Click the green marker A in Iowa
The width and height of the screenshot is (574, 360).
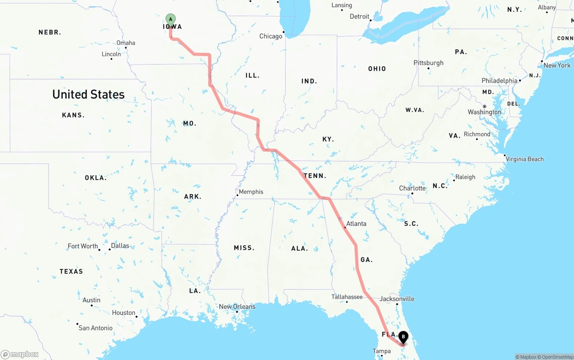pyautogui.click(x=170, y=19)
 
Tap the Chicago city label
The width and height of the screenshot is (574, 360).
pyautogui.click(x=271, y=36)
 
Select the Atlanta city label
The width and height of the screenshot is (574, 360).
pyautogui.click(x=356, y=223)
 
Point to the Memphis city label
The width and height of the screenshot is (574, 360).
pyautogui.click(x=251, y=192)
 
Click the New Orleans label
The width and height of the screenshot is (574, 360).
pyautogui.click(x=237, y=307)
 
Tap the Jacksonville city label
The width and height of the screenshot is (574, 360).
pyautogui.click(x=397, y=299)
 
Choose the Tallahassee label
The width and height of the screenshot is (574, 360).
pyautogui.click(x=347, y=297)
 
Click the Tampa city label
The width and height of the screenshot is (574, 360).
pyautogui.click(x=382, y=351)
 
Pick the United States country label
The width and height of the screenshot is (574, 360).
pyautogui.click(x=88, y=94)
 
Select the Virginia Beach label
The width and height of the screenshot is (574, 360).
pyautogui.click(x=525, y=159)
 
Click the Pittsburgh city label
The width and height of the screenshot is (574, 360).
pyautogui.click(x=428, y=63)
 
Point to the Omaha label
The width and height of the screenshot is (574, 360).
pyautogui.click(x=126, y=43)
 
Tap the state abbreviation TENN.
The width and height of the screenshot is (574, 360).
pyautogui.click(x=315, y=176)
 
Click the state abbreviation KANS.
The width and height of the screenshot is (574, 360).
pyautogui.click(x=73, y=115)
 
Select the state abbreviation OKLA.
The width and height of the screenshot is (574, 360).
pyautogui.click(x=96, y=178)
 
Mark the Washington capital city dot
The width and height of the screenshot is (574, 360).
pyautogui.click(x=484, y=107)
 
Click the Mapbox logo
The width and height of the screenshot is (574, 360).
pyautogui.click(x=20, y=354)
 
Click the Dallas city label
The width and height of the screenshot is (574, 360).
pyautogui.click(x=120, y=246)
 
